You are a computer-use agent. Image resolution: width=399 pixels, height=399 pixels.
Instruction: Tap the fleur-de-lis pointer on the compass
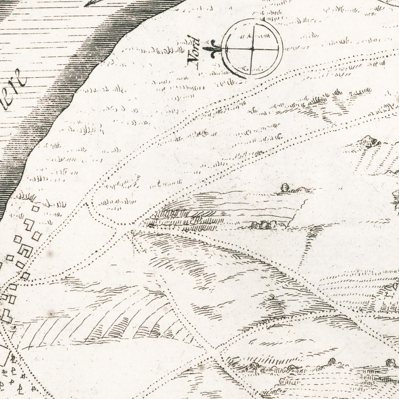tap(213, 49)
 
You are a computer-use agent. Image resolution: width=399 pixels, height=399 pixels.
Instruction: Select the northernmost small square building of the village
tap(35, 209)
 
